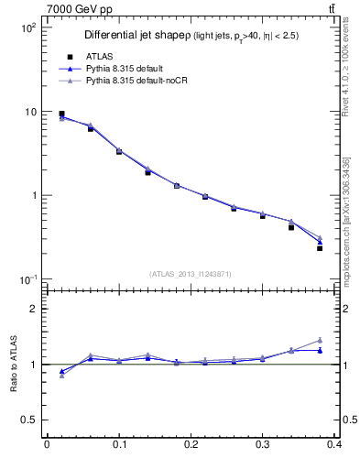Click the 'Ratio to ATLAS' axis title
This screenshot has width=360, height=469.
tap(13, 365)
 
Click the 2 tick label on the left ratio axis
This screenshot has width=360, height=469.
tap(32, 309)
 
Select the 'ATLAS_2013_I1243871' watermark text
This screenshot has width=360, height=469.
tap(191, 275)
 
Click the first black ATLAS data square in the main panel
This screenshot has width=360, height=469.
tap(61, 114)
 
